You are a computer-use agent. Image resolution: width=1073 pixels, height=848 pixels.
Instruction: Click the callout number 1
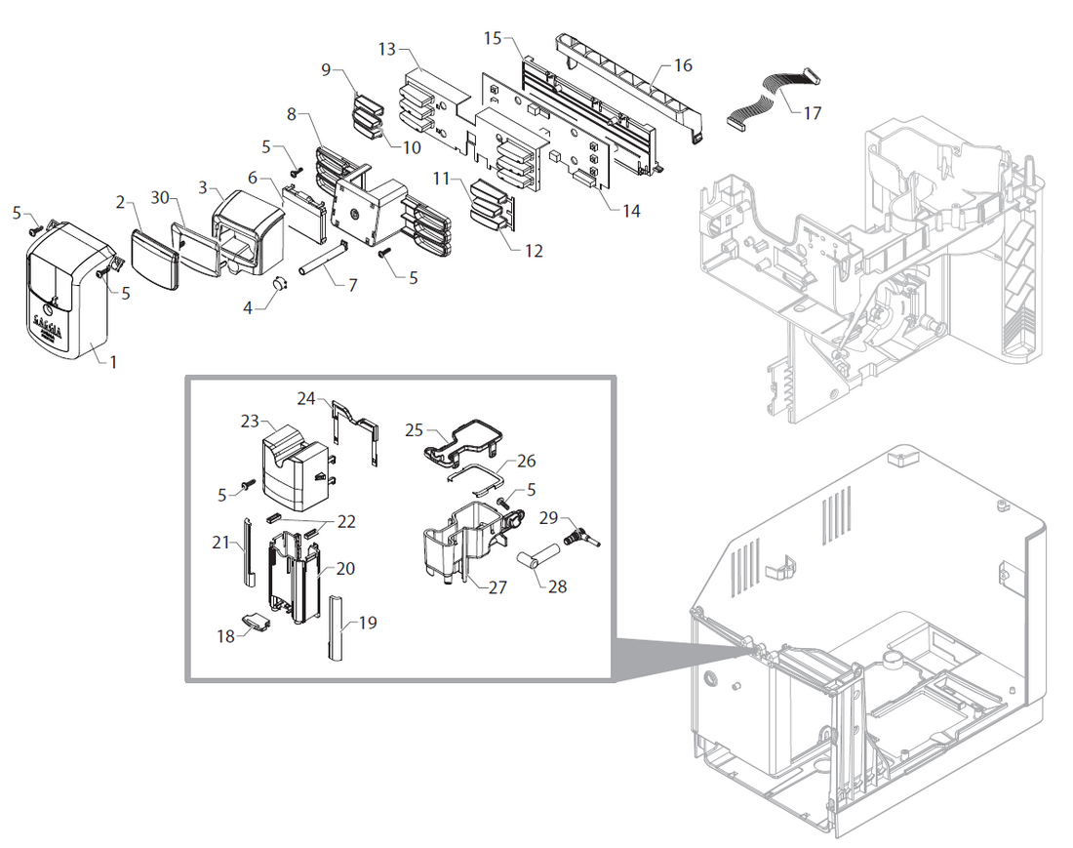pos(112,362)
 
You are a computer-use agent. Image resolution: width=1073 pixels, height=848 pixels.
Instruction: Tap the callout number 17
pos(812,113)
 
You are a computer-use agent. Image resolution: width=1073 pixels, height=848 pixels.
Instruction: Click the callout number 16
pos(683,65)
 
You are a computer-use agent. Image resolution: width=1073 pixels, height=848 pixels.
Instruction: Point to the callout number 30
pos(162,198)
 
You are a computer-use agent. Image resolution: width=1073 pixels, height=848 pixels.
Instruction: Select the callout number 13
pos(387,48)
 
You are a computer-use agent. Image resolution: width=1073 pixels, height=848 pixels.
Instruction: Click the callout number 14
pos(631,210)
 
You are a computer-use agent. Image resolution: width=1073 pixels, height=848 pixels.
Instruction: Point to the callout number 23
pos(251,421)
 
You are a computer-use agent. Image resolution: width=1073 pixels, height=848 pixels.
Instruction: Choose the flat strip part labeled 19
pos(337,626)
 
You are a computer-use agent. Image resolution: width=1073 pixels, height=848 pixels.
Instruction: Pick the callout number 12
pos(533,251)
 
